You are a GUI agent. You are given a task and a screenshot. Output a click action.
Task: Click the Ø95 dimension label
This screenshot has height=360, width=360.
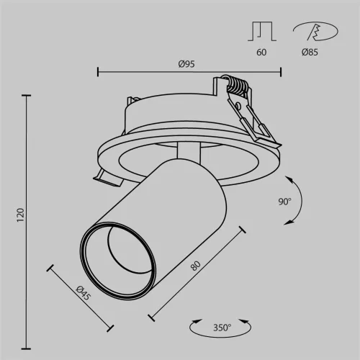[x=189, y=63]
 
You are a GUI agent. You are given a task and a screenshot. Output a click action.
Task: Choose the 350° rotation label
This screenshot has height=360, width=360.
[x=222, y=328]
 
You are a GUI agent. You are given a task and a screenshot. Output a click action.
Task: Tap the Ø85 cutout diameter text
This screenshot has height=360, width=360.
[x=311, y=52]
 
